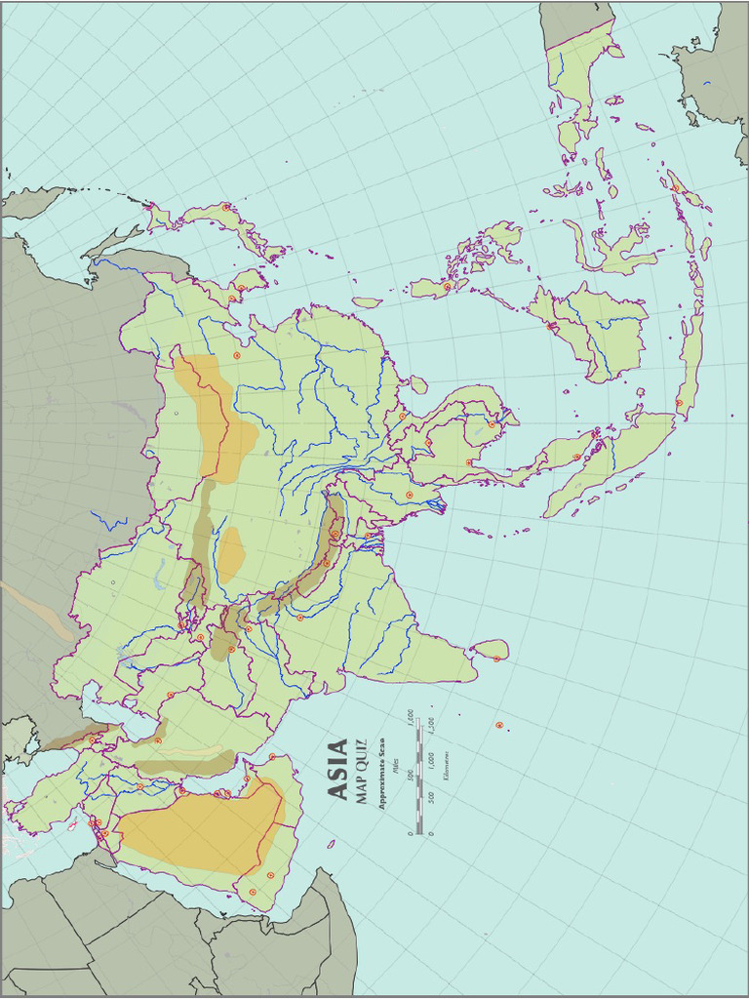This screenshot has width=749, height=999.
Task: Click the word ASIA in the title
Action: click(336, 770)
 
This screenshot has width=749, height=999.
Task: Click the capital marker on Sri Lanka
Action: click(496, 659)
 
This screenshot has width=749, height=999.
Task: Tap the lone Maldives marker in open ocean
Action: click(499, 725)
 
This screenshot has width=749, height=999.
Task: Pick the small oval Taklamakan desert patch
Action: click(231, 554)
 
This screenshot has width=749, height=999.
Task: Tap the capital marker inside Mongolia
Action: click(236, 355)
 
